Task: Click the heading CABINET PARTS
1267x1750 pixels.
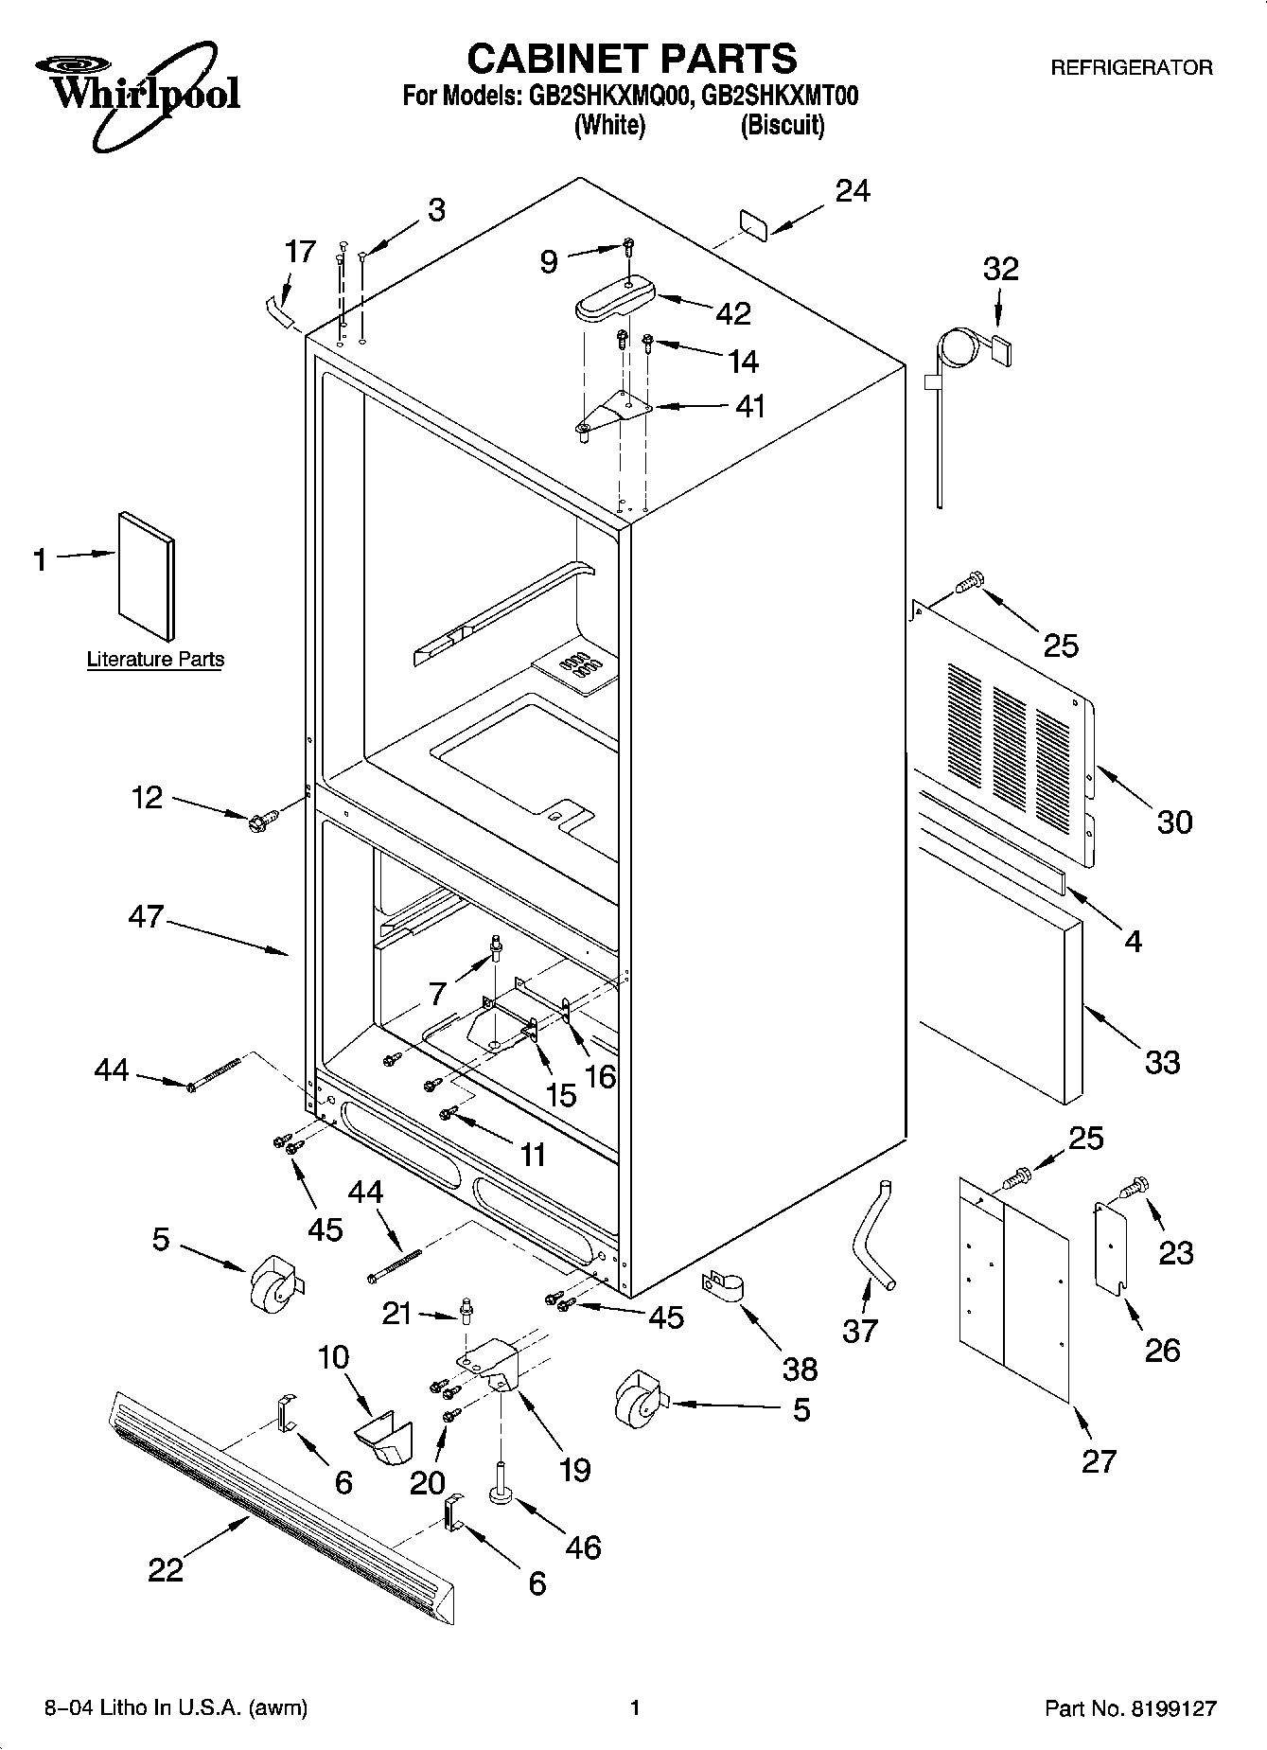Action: click(x=632, y=59)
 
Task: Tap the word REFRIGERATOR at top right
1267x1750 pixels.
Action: click(x=1131, y=68)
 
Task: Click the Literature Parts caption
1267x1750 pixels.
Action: click(x=155, y=660)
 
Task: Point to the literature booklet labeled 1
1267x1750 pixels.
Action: click(x=146, y=576)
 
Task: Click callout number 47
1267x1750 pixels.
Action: click(x=146, y=917)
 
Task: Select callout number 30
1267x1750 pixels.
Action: click(x=1174, y=822)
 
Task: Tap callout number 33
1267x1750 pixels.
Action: click(x=1162, y=1062)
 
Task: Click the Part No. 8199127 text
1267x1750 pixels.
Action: click(x=1130, y=1708)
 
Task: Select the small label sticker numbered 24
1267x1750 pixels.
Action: click(x=752, y=222)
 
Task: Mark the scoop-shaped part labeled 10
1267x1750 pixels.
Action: click(x=384, y=1438)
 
